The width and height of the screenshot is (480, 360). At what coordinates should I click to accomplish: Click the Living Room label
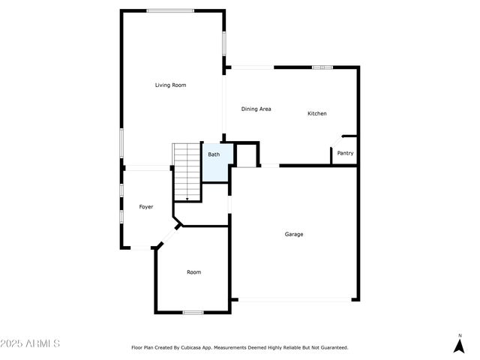tap(170, 85)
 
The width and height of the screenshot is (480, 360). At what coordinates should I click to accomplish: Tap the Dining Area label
tap(256, 109)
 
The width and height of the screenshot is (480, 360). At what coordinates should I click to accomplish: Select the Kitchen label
tap(317, 113)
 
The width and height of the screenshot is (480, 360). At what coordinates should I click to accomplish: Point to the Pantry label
tap(345, 153)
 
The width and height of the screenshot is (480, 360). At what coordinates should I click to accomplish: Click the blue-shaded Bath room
tap(214, 163)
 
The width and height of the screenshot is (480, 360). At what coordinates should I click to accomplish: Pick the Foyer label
tap(146, 206)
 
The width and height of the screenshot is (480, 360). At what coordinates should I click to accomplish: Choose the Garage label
tap(294, 234)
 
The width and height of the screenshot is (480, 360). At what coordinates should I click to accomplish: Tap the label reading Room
tap(193, 272)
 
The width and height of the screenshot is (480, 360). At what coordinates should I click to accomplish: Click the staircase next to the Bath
tap(187, 172)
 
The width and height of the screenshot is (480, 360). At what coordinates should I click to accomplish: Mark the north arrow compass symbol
tap(459, 346)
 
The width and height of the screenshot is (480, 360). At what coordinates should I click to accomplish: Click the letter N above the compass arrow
tap(459, 335)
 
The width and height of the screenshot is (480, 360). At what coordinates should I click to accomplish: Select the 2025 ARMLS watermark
tap(30, 343)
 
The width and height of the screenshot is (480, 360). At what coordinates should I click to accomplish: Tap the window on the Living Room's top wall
tap(170, 10)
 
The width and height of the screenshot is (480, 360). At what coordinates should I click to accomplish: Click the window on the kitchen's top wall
tap(322, 67)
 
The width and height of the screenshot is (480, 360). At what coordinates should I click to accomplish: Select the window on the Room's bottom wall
tap(193, 312)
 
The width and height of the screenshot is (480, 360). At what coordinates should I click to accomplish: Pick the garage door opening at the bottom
tap(294, 300)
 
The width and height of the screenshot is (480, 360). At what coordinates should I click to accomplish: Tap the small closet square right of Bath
tap(246, 155)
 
